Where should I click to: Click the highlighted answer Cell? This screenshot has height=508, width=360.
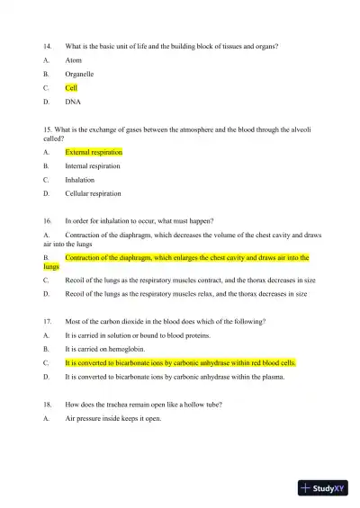click(71, 88)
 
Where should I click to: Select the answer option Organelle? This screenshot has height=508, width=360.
click(79, 74)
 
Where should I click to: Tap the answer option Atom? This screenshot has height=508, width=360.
click(74, 59)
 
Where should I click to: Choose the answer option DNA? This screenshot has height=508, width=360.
click(73, 102)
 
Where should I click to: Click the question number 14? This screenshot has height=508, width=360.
click(48, 45)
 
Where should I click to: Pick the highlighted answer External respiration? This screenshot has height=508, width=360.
click(94, 152)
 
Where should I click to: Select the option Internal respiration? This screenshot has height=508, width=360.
click(92, 166)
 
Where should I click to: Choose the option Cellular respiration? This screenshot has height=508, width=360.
click(93, 193)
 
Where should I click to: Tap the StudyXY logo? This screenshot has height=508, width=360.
click(323, 488)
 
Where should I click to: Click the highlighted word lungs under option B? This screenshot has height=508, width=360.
click(50, 267)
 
